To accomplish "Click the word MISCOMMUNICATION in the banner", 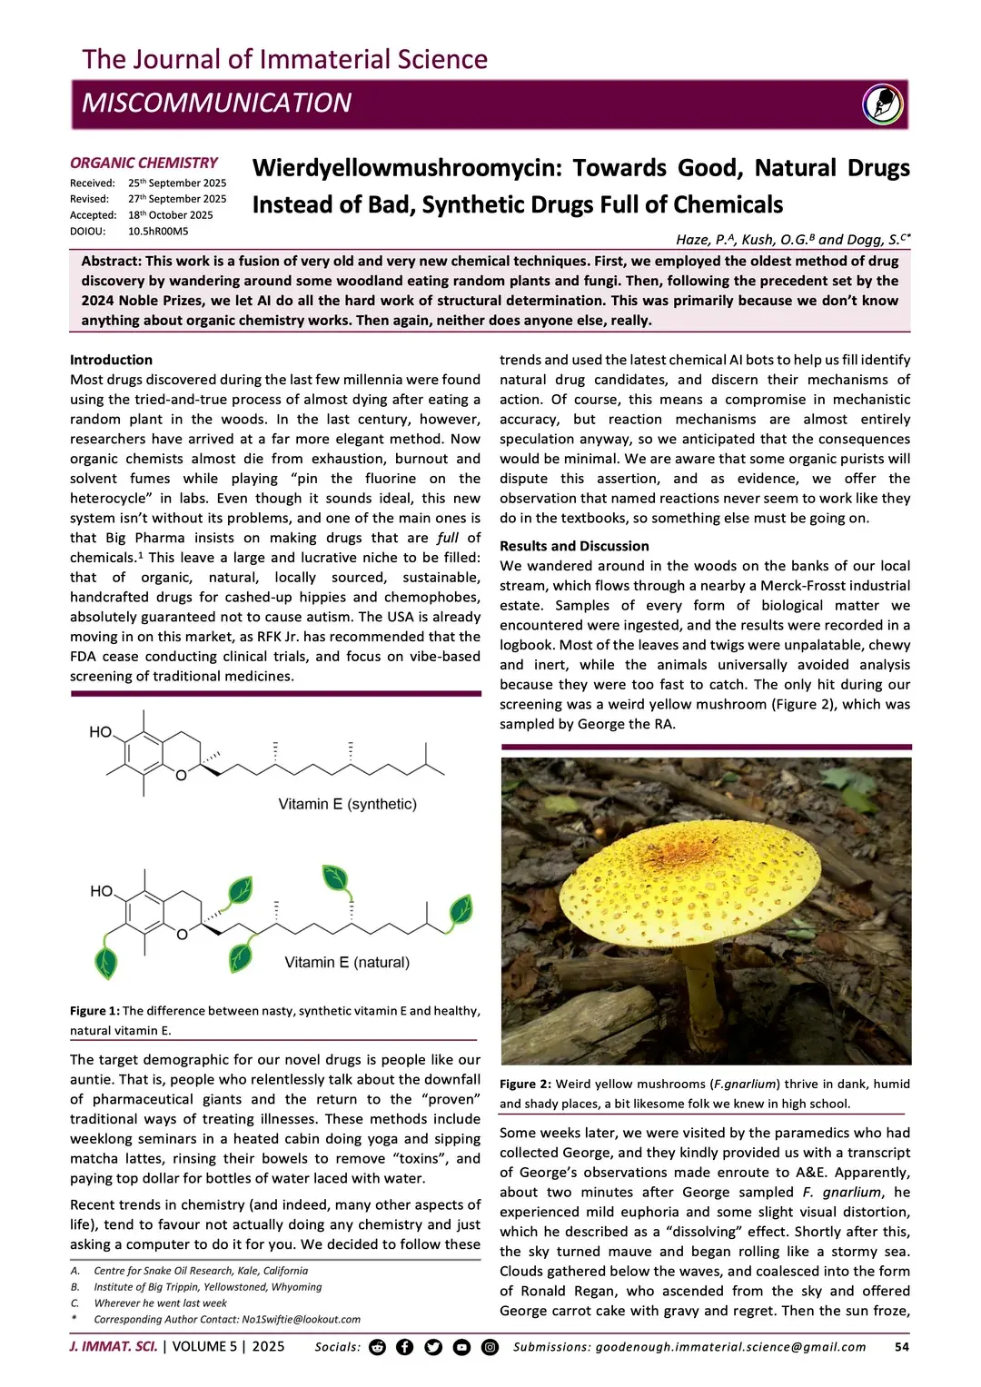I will [x=216, y=103].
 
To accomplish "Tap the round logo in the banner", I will [x=882, y=104].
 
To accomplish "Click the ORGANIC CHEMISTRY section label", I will [x=144, y=163].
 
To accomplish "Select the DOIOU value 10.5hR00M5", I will [x=158, y=232].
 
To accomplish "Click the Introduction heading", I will [x=111, y=360].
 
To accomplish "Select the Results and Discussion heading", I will [x=574, y=546].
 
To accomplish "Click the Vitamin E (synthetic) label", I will [x=347, y=804].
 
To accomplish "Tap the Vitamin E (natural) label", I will [x=347, y=962].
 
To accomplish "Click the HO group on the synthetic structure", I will [x=100, y=732].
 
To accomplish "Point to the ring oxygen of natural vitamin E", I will [x=182, y=934].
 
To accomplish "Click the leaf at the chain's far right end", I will [x=461, y=908].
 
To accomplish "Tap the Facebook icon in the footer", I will [x=405, y=1347].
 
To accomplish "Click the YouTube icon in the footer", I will [x=461, y=1347].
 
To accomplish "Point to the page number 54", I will [x=901, y=1347].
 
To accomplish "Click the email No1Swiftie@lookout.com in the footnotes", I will [x=301, y=1319].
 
